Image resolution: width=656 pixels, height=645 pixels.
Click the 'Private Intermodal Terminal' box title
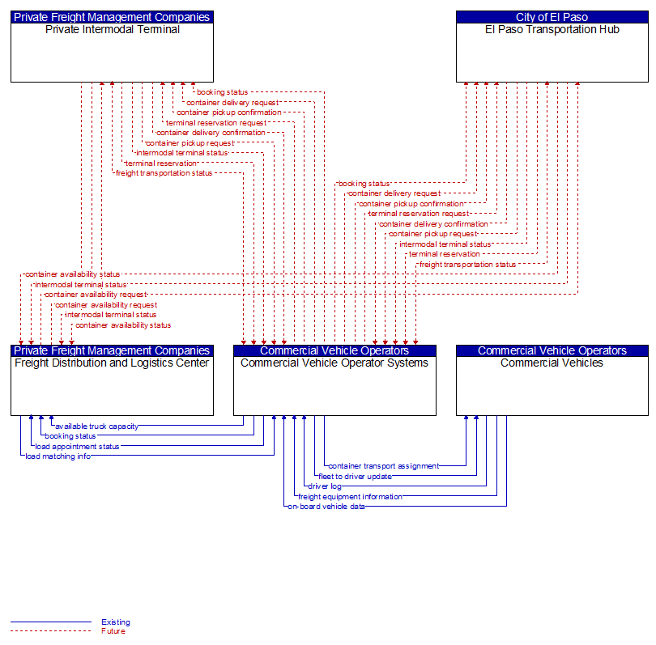click(112, 30)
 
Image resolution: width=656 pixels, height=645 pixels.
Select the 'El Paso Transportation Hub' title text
click(552, 30)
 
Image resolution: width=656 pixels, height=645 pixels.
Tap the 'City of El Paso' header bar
click(552, 17)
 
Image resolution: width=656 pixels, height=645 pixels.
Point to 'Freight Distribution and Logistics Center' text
click(112, 363)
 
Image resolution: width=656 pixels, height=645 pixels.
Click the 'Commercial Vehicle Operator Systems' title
click(334, 363)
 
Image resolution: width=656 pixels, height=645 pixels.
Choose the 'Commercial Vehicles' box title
click(552, 363)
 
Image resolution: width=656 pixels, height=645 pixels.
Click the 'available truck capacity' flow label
click(96, 426)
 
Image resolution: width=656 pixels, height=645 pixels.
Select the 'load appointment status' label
click(78, 447)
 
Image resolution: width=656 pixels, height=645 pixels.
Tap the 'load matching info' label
click(58, 456)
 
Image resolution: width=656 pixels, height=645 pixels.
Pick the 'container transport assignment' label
click(384, 466)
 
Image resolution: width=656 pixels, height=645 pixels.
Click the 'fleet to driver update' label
click(356, 477)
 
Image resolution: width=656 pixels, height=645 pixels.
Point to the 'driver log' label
click(325, 486)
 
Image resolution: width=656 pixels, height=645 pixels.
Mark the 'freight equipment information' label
click(350, 497)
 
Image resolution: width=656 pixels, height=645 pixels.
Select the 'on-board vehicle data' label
click(326, 507)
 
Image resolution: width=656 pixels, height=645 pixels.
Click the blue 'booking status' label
click(70, 436)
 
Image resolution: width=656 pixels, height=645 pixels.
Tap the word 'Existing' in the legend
click(116, 622)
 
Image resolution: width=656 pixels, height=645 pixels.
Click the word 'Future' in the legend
click(113, 631)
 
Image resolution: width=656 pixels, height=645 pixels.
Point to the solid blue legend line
click(51, 622)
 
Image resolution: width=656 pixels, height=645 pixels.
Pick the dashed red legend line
click(51, 631)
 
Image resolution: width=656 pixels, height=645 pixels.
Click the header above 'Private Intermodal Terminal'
click(112, 17)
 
